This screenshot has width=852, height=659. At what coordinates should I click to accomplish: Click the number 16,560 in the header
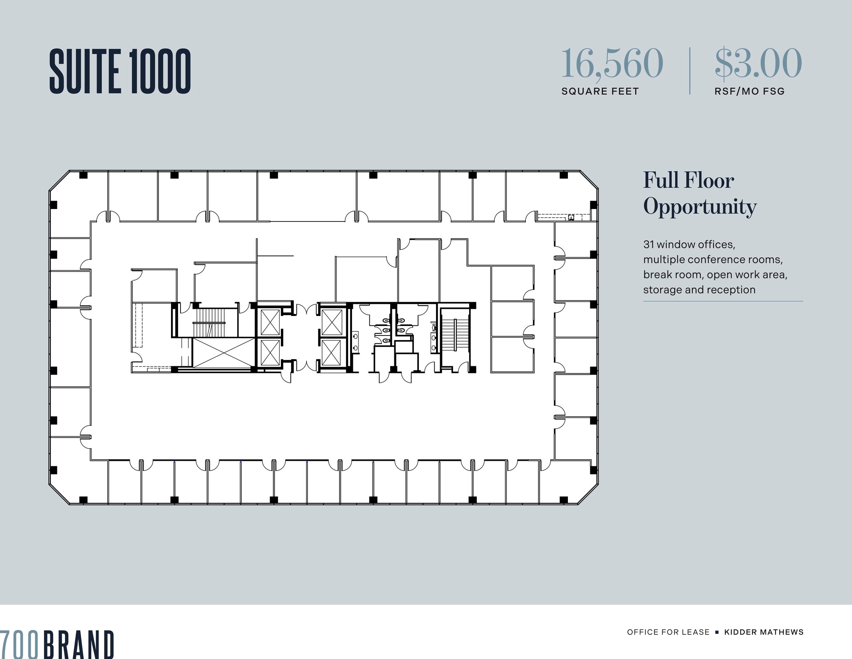click(612, 63)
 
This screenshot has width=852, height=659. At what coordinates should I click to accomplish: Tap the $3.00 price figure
click(758, 63)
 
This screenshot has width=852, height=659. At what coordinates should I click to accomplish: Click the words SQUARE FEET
click(599, 91)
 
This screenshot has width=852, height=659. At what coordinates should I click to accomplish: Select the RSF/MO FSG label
click(749, 91)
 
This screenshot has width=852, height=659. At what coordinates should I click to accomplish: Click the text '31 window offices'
click(689, 244)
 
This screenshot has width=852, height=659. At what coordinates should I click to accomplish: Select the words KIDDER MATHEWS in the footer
click(764, 632)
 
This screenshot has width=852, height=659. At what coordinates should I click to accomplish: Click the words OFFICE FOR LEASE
click(668, 632)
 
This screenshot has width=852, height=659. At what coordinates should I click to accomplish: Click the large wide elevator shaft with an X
click(223, 353)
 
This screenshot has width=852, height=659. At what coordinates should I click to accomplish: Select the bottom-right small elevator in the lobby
click(332, 353)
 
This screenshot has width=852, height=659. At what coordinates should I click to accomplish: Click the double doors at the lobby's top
click(307, 308)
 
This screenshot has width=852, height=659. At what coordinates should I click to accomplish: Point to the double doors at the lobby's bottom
click(307, 366)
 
